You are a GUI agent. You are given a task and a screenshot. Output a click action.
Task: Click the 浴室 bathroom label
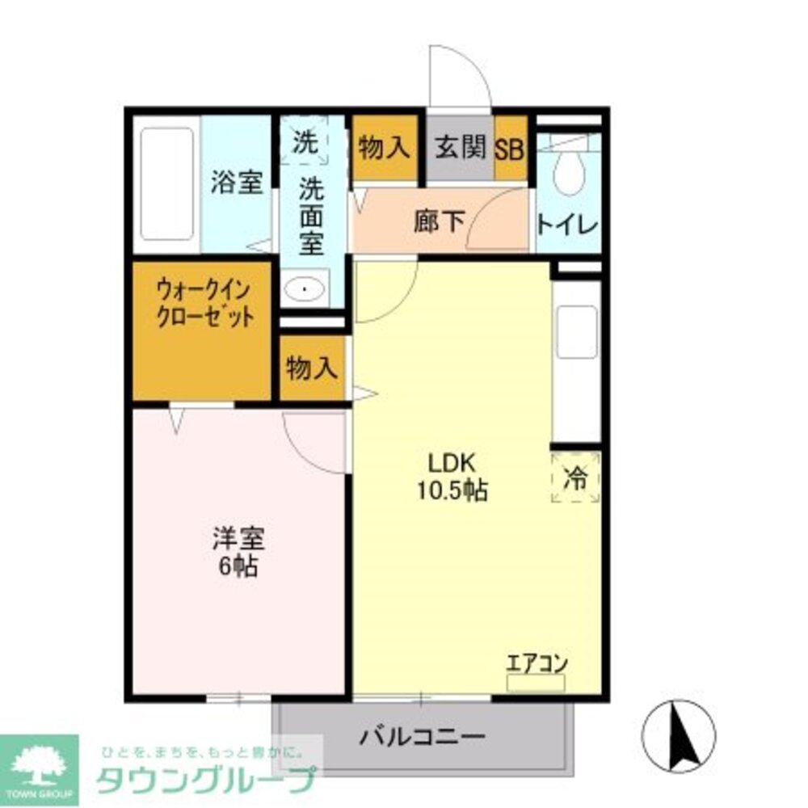pos(237,183)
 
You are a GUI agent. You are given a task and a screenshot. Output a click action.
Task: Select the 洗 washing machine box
pos(305,143)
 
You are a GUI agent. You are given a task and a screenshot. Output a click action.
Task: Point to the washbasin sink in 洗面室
pos(305,288)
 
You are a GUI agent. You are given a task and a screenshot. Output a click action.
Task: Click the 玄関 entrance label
pos(460,149)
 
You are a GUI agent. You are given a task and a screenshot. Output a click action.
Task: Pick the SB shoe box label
pos(510,149)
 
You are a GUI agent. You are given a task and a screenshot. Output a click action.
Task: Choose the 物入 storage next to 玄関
pos(385,148)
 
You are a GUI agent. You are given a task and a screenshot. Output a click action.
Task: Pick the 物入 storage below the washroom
pos(311,369)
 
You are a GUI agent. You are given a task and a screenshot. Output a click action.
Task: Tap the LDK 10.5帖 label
pos(452,477)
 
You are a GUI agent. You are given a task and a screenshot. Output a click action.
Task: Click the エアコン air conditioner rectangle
pos(536,683)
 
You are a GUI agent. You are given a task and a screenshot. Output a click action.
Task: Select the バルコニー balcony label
pos(423,736)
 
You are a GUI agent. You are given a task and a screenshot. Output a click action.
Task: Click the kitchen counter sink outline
pos(577,332)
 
